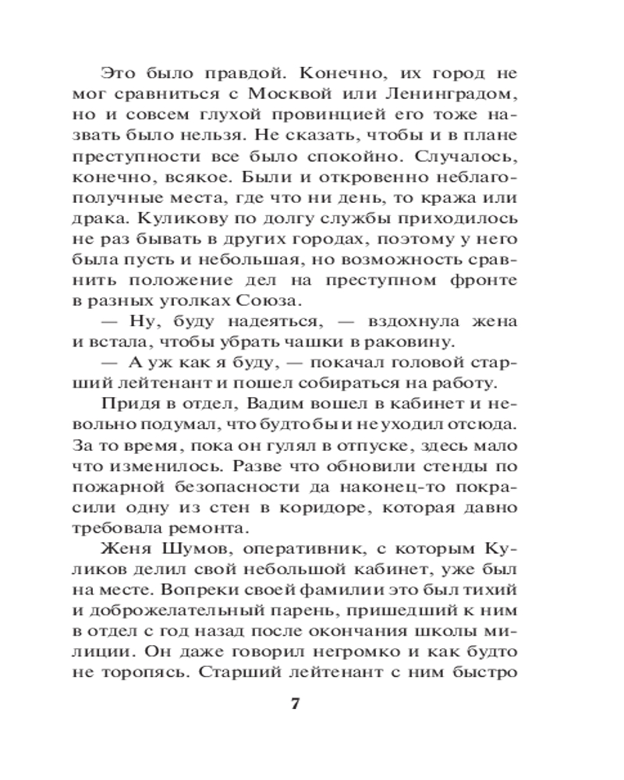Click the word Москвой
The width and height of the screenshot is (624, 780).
303,96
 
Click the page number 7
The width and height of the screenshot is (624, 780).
295,703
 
